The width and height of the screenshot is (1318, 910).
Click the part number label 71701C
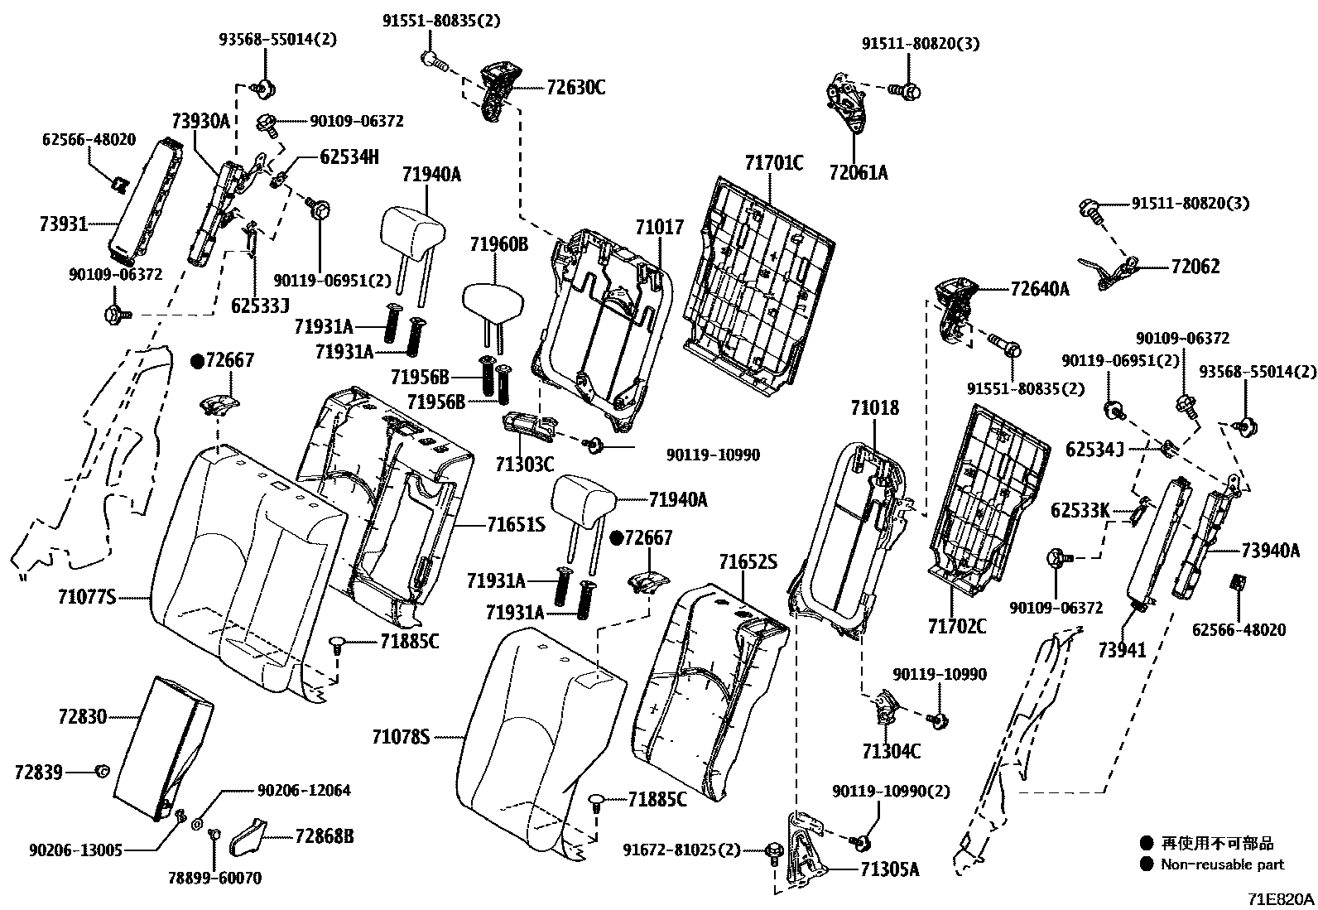click(773, 162)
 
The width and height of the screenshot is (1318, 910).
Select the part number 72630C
click(575, 87)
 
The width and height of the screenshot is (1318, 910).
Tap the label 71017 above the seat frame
click(660, 227)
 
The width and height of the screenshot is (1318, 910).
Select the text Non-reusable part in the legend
click(1222, 864)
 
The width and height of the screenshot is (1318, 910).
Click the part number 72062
click(1195, 267)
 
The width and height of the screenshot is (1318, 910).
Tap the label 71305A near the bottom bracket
click(890, 869)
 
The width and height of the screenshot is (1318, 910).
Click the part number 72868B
click(324, 836)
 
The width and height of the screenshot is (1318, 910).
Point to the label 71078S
click(401, 735)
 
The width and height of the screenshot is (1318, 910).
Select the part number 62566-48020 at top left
click(89, 140)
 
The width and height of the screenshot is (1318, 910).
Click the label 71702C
click(957, 626)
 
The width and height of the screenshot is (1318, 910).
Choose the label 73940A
click(1270, 551)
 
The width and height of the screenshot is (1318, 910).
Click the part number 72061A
click(859, 172)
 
